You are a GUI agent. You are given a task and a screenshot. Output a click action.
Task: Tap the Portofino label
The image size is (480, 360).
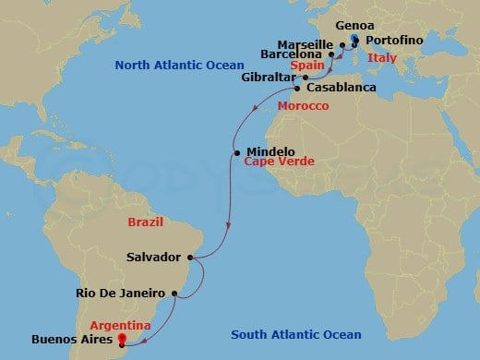pyautogui.click(x=396, y=43)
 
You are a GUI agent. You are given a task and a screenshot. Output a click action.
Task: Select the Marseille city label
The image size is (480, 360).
pyautogui.click(x=309, y=43)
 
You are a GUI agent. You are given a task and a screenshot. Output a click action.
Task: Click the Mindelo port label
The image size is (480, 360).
pyautogui.click(x=269, y=151)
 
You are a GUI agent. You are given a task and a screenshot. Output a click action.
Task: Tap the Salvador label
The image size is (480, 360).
pyautogui.click(x=157, y=258)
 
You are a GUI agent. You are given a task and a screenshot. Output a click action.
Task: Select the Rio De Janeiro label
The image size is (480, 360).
pyautogui.click(x=119, y=294)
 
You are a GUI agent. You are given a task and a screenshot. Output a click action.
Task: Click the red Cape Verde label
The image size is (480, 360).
pyautogui.click(x=280, y=162)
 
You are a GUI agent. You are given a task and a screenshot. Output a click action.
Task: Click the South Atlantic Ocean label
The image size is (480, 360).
pyautogui.click(x=296, y=334)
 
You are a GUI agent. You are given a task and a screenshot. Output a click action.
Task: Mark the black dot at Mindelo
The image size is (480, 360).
pyautogui.click(x=238, y=152)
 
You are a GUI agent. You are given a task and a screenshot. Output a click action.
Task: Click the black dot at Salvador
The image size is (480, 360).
pyautogui.click(x=190, y=258)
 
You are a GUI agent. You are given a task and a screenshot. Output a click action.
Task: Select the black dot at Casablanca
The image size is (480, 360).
pyautogui.click(x=297, y=90)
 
